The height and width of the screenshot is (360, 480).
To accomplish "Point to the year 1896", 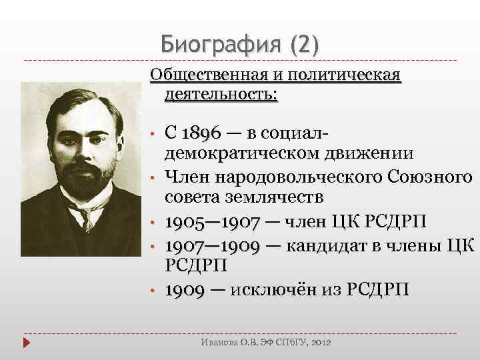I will pos(202,134).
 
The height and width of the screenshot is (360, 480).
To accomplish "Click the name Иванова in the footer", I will pos(217,342).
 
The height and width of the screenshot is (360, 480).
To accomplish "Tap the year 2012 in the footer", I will pos(320,342).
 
